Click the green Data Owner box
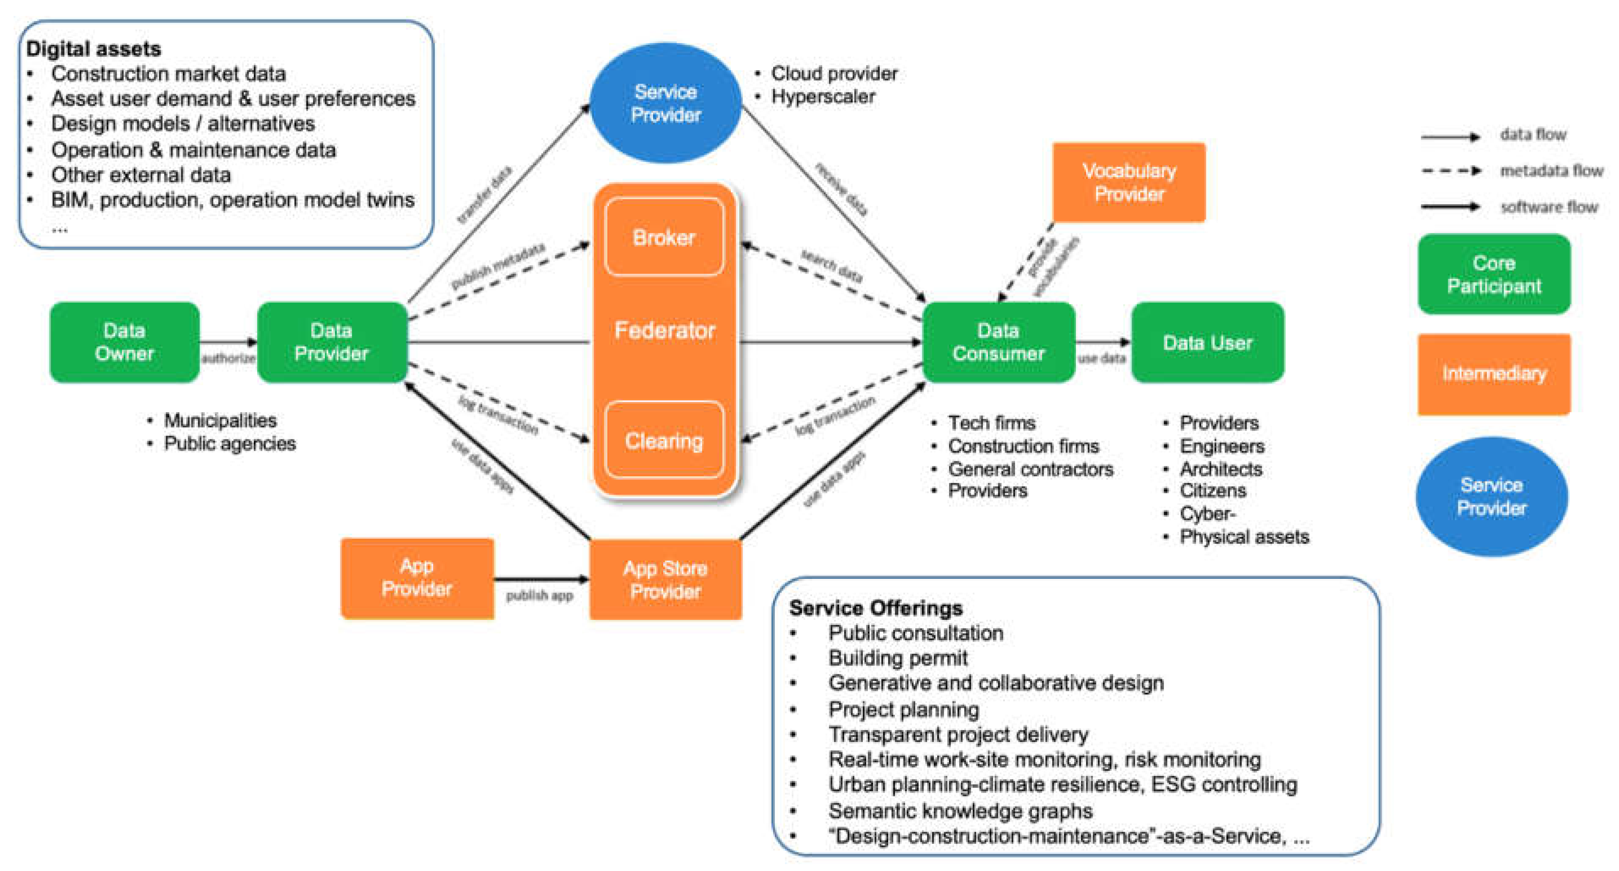[x=124, y=342]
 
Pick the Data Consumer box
[x=998, y=342]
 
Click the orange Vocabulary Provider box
[x=1129, y=182]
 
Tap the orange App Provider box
[x=417, y=578]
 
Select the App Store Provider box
[x=665, y=579]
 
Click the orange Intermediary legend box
[x=1494, y=373]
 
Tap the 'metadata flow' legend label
[x=1551, y=170]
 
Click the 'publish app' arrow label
[x=539, y=595]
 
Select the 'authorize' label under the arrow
[x=228, y=358]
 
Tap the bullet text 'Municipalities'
[x=220, y=420]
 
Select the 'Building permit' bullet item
[x=897, y=658]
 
